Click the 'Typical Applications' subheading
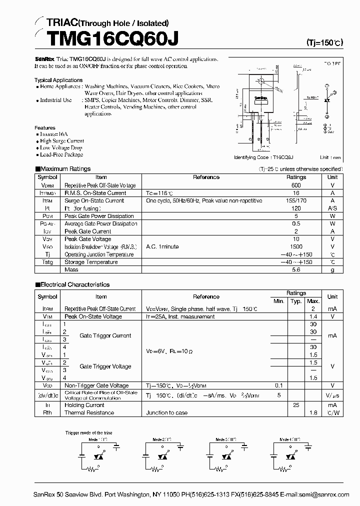[x=58, y=80]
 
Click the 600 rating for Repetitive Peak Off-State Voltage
[x=296, y=185]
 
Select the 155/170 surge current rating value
[x=296, y=200]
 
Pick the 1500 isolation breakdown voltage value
[x=296, y=246]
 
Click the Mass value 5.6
[x=296, y=269]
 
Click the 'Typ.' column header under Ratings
[x=296, y=301]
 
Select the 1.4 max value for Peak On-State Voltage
[x=313, y=316]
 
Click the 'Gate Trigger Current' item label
[x=105, y=336]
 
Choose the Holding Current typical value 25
[x=296, y=405]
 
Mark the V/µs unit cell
[x=332, y=395]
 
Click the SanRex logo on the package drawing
[x=259, y=97]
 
